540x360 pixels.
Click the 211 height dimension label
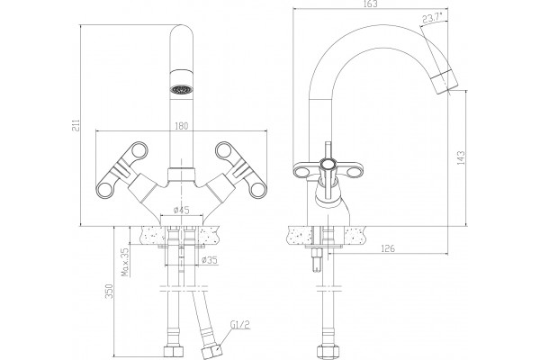coord(76,125)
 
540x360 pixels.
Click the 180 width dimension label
coord(182,126)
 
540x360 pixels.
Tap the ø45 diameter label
coord(181,210)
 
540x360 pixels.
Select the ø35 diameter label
coord(210,260)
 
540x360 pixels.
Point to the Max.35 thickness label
coord(125,262)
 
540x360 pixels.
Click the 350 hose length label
coord(109,292)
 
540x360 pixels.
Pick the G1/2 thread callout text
coord(240,325)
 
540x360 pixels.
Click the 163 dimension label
coord(370,4)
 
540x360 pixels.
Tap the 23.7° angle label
coord(433,18)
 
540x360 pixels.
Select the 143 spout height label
coord(461,157)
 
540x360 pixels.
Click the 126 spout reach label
coord(388,248)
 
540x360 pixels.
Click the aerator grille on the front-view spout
coord(181,89)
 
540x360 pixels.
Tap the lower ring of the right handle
coord(258,190)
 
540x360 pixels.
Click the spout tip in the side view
coord(446,82)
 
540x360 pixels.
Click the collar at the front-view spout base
coord(182,174)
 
